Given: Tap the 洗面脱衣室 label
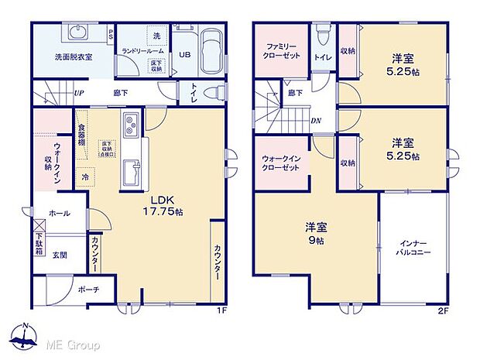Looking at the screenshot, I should pos(74,57).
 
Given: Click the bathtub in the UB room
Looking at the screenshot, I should pos(207,53).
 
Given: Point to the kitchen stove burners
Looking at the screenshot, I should pos(131,122).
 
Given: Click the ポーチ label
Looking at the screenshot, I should pos(87,290).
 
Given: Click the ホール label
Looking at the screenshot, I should pos(59,214).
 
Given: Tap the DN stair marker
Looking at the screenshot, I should pos(317,122).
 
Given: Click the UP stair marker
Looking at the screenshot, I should pos(79,94).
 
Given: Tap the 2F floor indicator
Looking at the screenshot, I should pos(444,311).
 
